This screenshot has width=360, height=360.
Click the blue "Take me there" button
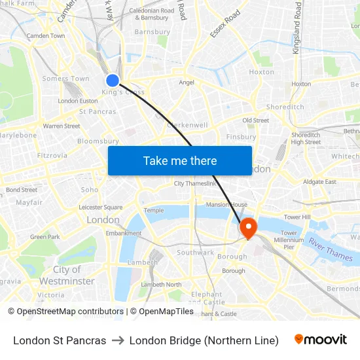click(x=180, y=160)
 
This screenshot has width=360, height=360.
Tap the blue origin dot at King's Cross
click(x=113, y=80)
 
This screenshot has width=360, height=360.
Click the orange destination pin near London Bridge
click(x=249, y=228)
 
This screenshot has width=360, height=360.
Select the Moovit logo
click(x=321, y=340)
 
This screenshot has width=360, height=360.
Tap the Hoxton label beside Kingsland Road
click(x=301, y=84)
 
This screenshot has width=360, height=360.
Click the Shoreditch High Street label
click(x=306, y=138)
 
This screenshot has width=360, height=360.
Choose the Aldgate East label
click(x=320, y=181)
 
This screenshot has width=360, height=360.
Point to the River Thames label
click(x=331, y=250)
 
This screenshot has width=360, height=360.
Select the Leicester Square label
click(x=100, y=207)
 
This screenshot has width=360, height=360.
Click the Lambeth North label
click(x=161, y=285)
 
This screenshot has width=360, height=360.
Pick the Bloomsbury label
click(x=98, y=141)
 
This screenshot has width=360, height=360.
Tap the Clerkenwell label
click(x=188, y=124)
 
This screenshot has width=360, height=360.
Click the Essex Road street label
click(x=225, y=24)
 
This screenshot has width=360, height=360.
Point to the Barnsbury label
click(x=152, y=31)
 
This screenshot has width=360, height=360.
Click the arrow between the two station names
click(x=118, y=340)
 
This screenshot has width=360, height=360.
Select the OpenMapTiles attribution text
click(x=162, y=312)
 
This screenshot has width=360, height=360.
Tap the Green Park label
click(x=45, y=237)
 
